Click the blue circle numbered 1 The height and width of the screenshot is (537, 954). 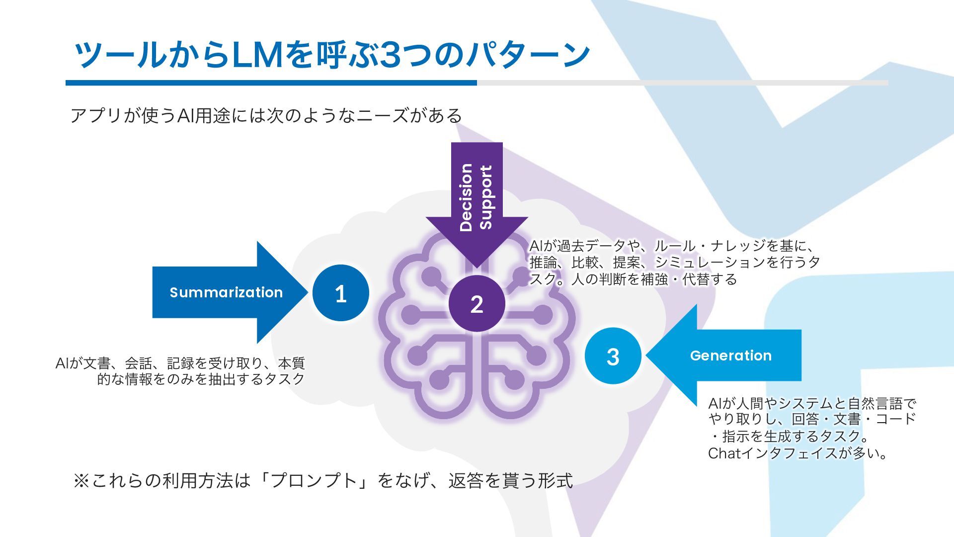click(341, 293)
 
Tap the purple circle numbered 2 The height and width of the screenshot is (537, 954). click(477, 303)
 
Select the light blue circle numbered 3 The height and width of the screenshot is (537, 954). click(613, 356)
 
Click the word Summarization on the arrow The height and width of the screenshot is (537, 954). click(226, 292)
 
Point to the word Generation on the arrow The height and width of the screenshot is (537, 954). click(730, 356)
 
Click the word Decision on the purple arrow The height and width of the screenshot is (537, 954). click(466, 197)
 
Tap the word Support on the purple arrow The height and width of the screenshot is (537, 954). click(485, 197)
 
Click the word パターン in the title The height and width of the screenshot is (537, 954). click(527, 55)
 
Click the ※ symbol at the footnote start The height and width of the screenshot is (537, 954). click(81, 480)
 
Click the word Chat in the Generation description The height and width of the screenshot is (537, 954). click(724, 453)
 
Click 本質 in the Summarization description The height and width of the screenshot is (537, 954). click(291, 362)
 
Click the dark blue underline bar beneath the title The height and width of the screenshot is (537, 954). click(271, 83)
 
